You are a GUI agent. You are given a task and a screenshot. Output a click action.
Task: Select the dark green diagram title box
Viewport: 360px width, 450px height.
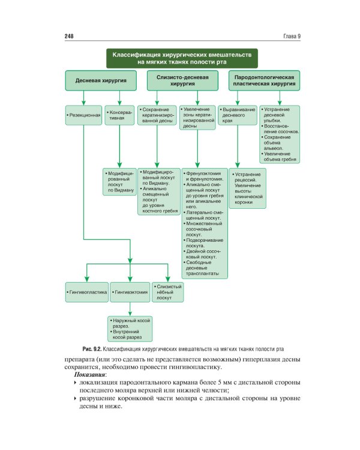182,58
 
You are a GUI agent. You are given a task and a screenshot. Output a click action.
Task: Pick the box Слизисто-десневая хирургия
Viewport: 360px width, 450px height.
182,81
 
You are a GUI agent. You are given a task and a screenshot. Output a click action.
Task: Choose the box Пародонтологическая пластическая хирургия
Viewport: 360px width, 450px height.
264,81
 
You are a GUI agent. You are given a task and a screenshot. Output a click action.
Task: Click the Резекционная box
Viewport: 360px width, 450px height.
83,113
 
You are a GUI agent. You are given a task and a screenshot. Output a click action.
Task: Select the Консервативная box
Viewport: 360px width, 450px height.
120,114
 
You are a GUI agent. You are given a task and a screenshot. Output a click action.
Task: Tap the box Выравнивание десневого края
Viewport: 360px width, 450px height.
237,115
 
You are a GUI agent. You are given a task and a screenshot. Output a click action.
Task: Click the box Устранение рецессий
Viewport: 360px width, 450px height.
242,188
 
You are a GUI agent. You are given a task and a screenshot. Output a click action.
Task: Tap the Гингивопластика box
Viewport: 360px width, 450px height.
86,292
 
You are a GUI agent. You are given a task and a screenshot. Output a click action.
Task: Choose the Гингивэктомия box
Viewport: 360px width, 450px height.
130,292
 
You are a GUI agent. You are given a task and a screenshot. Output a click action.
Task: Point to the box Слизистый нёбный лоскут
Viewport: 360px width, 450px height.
167,292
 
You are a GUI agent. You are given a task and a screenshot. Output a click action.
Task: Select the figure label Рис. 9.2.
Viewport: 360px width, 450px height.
92,349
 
